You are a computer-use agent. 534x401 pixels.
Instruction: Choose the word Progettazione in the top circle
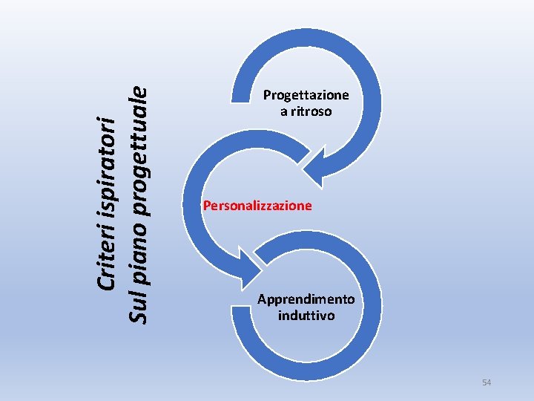click(x=306, y=95)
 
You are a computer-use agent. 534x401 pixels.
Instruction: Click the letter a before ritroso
click(x=283, y=111)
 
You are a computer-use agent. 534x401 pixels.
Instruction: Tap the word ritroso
click(x=311, y=111)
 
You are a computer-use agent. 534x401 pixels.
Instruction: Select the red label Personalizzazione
click(x=257, y=205)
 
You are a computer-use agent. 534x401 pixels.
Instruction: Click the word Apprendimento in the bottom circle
click(x=306, y=299)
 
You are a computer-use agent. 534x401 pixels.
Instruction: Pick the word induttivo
click(x=306, y=316)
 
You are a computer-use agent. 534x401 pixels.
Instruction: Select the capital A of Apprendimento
click(x=262, y=299)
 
